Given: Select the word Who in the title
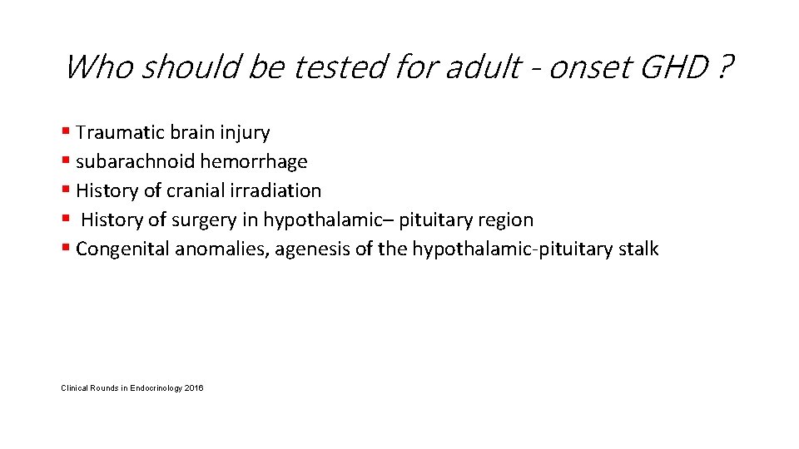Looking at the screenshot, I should (97, 67).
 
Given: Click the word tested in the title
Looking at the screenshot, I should (340, 67).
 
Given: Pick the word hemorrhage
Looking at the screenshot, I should (253, 162).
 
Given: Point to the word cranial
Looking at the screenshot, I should (195, 190).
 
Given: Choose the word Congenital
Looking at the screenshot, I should (122, 249).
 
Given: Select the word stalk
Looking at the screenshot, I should (639, 249).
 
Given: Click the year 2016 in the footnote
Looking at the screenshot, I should (194, 388).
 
